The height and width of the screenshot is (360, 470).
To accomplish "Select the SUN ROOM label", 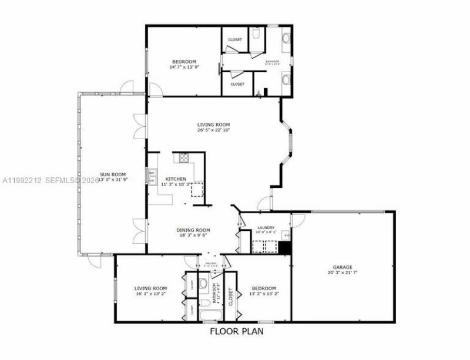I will coord(113,174).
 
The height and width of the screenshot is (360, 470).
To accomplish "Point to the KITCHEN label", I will coord(176,179).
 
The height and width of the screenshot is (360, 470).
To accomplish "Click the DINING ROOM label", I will coord(193,230).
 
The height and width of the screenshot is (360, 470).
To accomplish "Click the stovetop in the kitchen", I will coord(184,157).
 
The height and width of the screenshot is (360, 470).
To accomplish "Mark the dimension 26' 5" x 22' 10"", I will coord(213,130).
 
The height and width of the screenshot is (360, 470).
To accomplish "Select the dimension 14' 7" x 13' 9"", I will coord(184,67).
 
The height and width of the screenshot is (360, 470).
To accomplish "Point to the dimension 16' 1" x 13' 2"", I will coord(151,294).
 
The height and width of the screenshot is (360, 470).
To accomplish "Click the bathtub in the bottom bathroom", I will coord(208,318).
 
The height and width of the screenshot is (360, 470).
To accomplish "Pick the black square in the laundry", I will coord(285,248).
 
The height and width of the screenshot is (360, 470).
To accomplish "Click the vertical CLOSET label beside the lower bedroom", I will coord(231,298).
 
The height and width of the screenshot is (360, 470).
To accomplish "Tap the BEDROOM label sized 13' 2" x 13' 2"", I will coord(264,288).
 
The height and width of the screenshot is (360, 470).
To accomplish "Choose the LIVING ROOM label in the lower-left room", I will coord(151,288).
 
